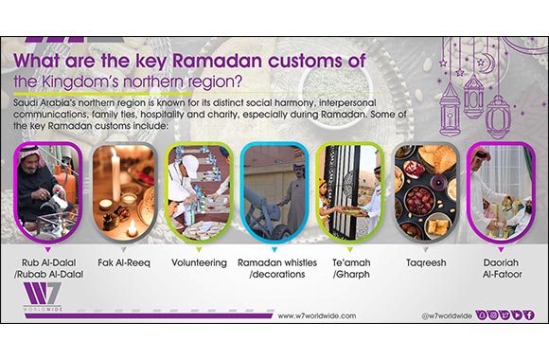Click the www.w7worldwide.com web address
pyautogui.click(x=313, y=315)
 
